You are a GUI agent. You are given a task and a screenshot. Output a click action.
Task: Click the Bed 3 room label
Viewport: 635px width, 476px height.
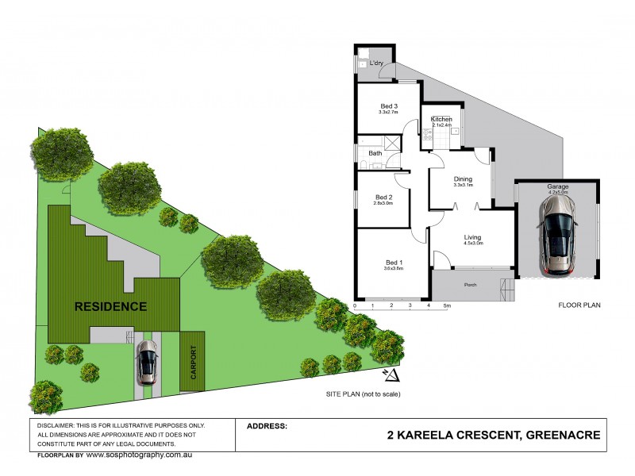[388, 106]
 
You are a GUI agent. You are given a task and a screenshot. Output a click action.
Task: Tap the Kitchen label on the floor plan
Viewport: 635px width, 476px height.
[441, 119]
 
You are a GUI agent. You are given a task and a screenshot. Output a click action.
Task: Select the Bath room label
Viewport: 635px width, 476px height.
[375, 154]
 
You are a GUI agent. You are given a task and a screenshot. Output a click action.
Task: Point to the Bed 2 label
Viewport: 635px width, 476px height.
[384, 198]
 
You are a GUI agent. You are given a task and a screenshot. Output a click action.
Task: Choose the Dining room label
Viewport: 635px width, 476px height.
[463, 179]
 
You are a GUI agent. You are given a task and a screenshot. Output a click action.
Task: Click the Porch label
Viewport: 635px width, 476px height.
[470, 284]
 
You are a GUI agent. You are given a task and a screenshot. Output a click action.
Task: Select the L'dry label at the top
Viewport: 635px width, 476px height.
[377, 63]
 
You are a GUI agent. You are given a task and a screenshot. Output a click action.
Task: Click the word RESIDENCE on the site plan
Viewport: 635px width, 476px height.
[110, 306]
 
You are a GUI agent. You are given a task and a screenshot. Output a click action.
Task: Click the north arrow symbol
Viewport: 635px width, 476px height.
[389, 374]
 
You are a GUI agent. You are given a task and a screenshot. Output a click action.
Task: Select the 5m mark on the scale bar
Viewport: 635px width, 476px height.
[448, 305]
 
